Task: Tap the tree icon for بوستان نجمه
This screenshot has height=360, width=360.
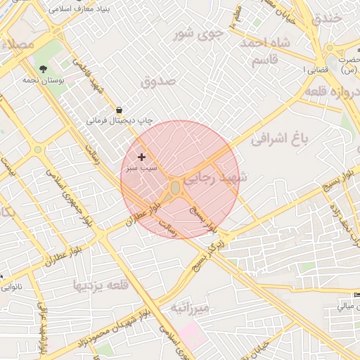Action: pos(44,69)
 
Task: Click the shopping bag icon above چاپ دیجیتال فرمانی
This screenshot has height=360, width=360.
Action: pos(119,110)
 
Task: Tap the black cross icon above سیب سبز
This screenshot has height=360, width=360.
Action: pos(142,157)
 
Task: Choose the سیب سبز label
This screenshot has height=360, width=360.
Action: pos(141,169)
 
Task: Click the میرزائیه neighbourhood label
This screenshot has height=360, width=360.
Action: pos(190,309)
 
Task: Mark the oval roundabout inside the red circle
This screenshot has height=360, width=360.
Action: pos(174,188)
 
